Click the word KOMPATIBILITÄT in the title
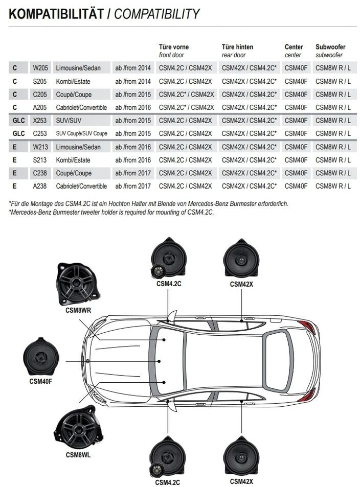coord(56,14)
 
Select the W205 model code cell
coord(39,68)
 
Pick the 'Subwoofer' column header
coord(330,47)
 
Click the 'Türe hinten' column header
coord(237,47)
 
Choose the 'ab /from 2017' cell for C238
coord(133,173)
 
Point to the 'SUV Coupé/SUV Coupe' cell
coord(82,134)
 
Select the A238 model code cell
coord(39,187)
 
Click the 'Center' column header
coord(294,47)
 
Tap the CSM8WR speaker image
coord(77,283)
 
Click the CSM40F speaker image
coord(41,357)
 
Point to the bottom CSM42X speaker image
coord(241,457)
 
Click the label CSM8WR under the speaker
coord(78,309)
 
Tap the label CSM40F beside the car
coord(41,381)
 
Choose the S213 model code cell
coord(39,160)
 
